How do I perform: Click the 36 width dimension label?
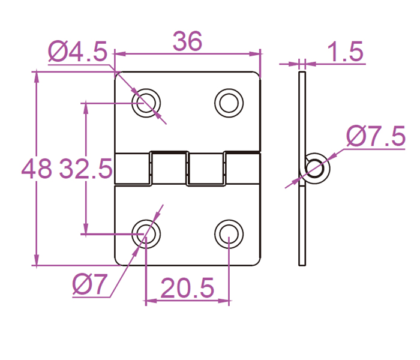pyautogui.click(x=187, y=41)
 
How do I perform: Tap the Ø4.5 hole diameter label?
pyautogui.click(x=77, y=52)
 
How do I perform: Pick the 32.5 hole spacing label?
pyautogui.click(x=86, y=170)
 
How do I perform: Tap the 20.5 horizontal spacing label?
pyautogui.click(x=187, y=290)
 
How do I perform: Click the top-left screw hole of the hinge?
pyautogui.click(x=146, y=103)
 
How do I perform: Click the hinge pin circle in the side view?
pyautogui.click(x=314, y=169)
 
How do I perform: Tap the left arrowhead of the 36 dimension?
pyautogui.click(x=118, y=54)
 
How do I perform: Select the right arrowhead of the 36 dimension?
pyautogui.click(x=257, y=54)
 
